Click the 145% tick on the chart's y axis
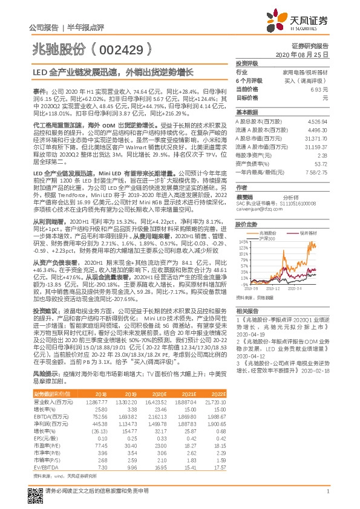coord(244,240)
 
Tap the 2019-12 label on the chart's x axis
coord(272,289)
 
